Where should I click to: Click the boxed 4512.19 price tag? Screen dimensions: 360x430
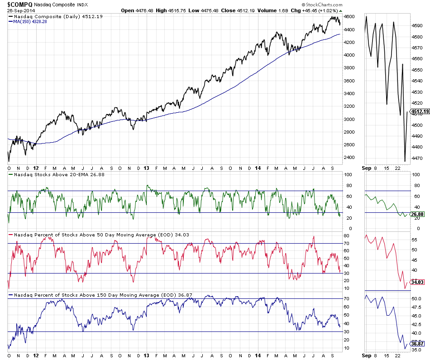(419, 111)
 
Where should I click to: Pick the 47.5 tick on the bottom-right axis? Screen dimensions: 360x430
(417, 307)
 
